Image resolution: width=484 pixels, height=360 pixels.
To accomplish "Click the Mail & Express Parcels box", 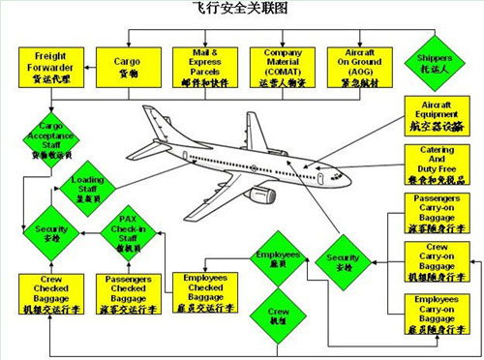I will click(202, 66).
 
